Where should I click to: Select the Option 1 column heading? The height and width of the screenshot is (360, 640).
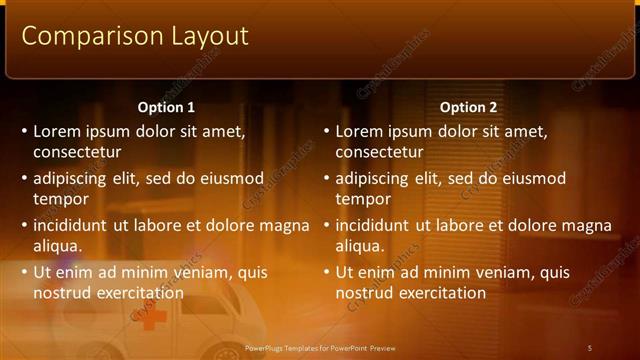[x=166, y=107]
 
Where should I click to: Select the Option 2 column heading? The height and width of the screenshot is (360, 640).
[x=468, y=107]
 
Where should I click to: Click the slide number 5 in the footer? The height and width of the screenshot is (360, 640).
[x=590, y=347]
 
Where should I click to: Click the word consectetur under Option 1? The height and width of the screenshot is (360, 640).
[x=77, y=153]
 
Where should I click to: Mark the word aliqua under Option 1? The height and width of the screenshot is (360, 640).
[x=56, y=246]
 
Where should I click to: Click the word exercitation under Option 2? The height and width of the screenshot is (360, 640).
[x=437, y=293]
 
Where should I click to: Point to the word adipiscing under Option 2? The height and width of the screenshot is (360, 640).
[x=373, y=178]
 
